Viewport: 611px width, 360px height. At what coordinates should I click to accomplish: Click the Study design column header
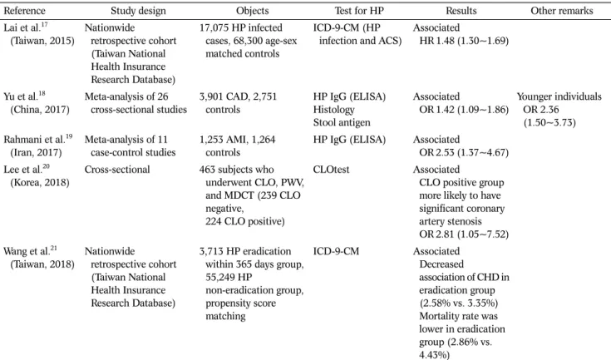(138, 11)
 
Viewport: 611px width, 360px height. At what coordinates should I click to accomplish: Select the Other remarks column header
(561, 11)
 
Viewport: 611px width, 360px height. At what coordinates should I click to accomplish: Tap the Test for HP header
(359, 11)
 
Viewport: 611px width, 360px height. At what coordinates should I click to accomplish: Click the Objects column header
(253, 11)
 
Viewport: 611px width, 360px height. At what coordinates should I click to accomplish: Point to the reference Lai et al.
(22, 27)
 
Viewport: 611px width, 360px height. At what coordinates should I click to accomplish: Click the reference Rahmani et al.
(34, 139)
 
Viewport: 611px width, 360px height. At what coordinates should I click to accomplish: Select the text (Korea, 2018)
(40, 182)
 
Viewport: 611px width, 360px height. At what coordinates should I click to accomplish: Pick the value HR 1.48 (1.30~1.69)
(464, 41)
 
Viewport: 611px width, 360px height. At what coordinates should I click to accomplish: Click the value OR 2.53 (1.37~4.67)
(464, 152)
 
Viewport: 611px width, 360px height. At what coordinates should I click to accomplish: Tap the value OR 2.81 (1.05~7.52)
(464, 234)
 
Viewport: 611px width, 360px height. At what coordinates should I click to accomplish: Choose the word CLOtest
(331, 170)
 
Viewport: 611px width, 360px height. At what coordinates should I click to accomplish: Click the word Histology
(333, 110)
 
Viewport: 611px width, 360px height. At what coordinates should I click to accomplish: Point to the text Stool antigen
(342, 122)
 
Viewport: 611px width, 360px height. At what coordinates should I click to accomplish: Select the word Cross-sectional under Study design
(117, 170)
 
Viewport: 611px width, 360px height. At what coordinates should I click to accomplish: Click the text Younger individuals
(559, 96)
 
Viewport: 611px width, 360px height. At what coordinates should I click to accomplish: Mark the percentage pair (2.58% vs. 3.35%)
(459, 303)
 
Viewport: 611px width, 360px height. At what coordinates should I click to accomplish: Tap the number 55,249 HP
(229, 277)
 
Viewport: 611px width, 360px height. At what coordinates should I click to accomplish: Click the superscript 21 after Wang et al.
(53, 248)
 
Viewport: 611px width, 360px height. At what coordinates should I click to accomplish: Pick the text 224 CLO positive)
(245, 221)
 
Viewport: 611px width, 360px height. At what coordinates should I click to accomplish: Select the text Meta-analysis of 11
(126, 139)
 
